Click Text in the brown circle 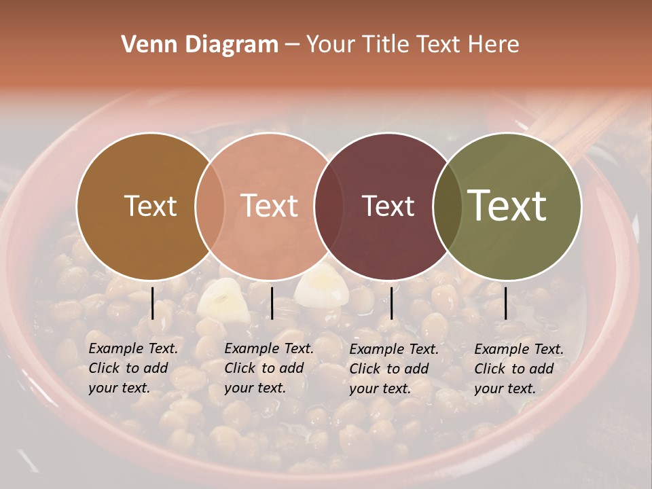(150, 206)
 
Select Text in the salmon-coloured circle (269, 206)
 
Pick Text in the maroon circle (388, 206)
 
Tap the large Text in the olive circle (507, 205)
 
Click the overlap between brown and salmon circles (210, 206)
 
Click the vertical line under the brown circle (153, 303)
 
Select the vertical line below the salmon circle (272, 303)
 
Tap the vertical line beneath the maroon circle (391, 303)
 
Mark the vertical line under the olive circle (506, 303)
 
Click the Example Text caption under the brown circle (133, 368)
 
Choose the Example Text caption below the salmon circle (269, 368)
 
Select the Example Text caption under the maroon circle (394, 369)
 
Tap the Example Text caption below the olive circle (519, 369)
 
